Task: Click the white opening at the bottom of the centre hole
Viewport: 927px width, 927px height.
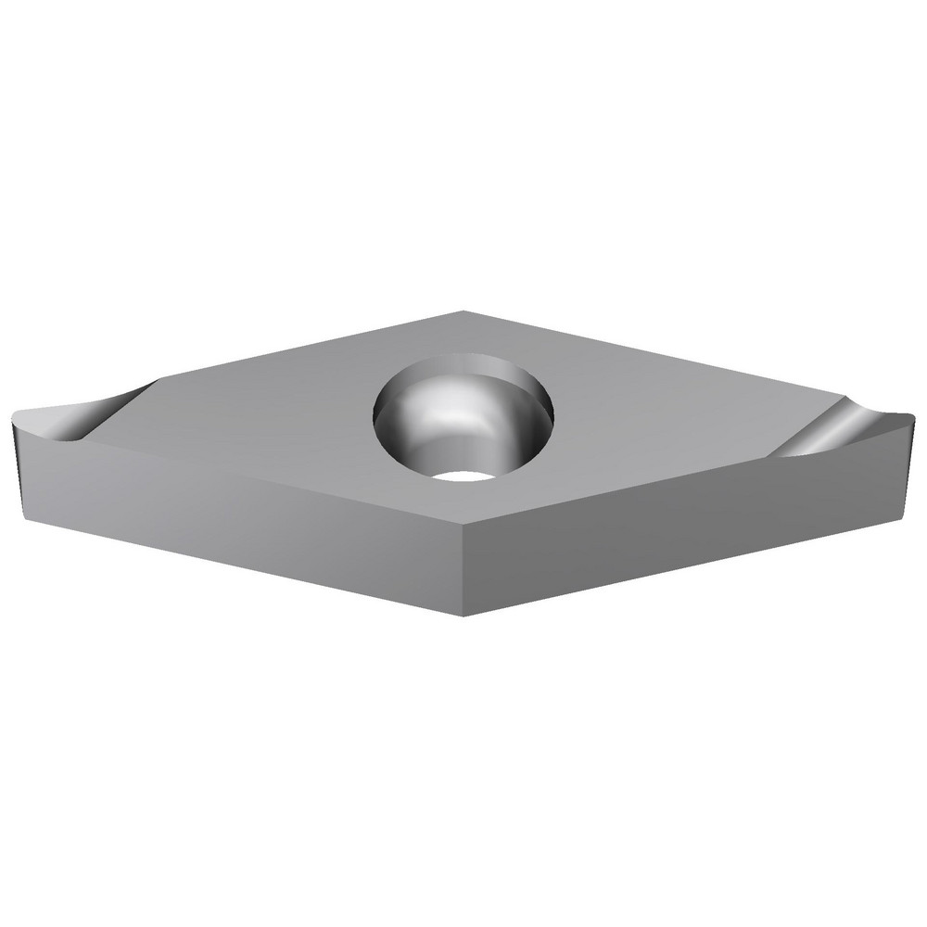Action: tap(463, 476)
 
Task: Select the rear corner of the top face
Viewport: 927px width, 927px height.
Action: tap(463, 312)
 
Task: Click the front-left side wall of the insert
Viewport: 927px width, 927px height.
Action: tap(232, 514)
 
